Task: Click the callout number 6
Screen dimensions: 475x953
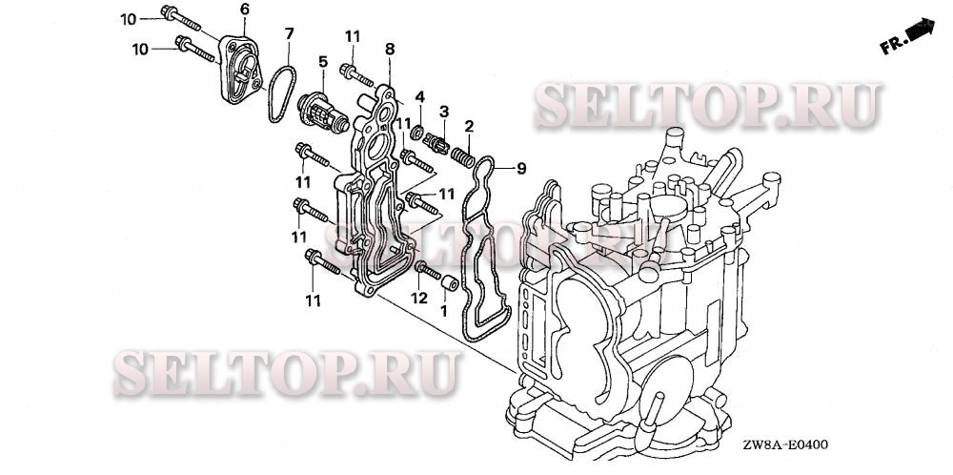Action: coord(244,9)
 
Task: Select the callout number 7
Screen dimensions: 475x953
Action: coord(290,33)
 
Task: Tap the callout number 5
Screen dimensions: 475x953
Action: coord(323,62)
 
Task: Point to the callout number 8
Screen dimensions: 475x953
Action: coord(389,48)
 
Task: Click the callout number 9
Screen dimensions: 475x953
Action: coord(521,169)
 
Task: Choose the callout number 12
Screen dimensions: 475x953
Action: coord(417,298)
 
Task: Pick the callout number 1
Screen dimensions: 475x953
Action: coord(443,310)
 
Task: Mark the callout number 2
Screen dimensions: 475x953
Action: coord(468,126)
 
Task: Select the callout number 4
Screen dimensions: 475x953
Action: coord(418,95)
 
